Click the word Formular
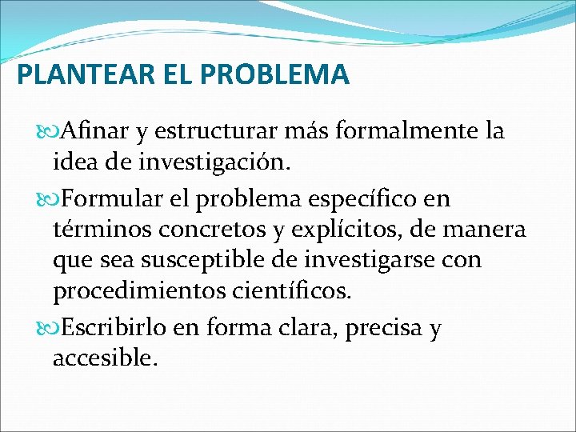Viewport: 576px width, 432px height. (x=113, y=197)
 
